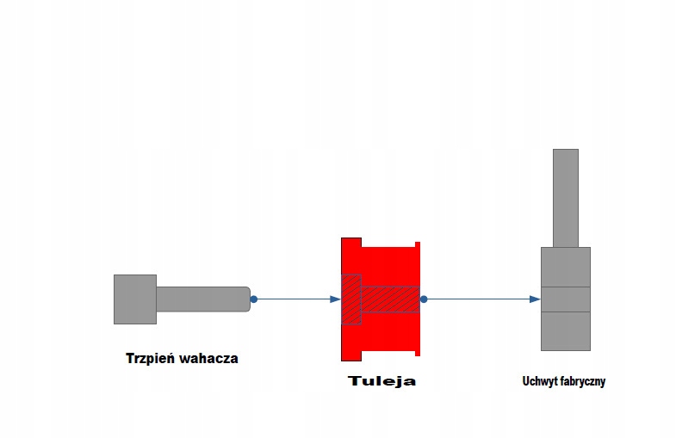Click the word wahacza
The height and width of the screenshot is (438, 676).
[209, 359]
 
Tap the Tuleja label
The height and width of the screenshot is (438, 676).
[381, 380]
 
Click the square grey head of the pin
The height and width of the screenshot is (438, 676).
[135, 299]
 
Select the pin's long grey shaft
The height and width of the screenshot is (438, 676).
[202, 299]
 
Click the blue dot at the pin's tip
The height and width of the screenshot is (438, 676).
[254, 299]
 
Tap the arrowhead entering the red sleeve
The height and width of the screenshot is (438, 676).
[336, 299]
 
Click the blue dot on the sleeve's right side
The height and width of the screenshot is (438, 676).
[424, 299]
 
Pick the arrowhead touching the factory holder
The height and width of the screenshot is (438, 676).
[535, 299]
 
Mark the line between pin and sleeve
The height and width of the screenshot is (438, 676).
[293, 299]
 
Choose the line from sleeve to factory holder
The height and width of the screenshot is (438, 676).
[478, 299]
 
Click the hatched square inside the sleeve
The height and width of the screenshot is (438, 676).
[351, 299]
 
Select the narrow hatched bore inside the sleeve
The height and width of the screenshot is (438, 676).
[389, 299]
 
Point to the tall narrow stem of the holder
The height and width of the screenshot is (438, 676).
[566, 198]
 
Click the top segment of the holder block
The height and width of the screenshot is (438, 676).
[566, 267]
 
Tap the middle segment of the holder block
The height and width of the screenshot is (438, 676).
[566, 299]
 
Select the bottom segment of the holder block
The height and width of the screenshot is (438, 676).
[566, 330]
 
